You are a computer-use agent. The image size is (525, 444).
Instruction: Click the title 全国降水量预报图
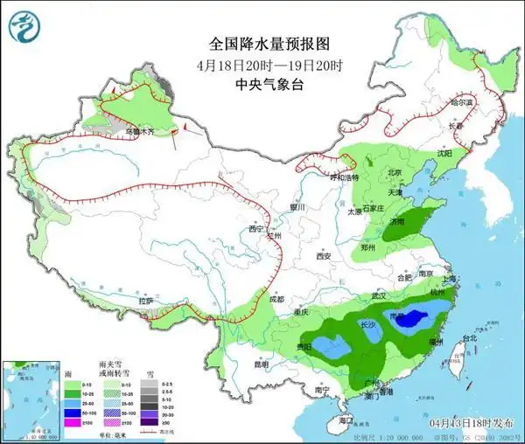coord(262,44)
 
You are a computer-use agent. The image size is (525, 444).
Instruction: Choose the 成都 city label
coord(276,300)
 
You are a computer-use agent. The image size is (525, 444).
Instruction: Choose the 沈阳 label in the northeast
coord(445,153)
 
